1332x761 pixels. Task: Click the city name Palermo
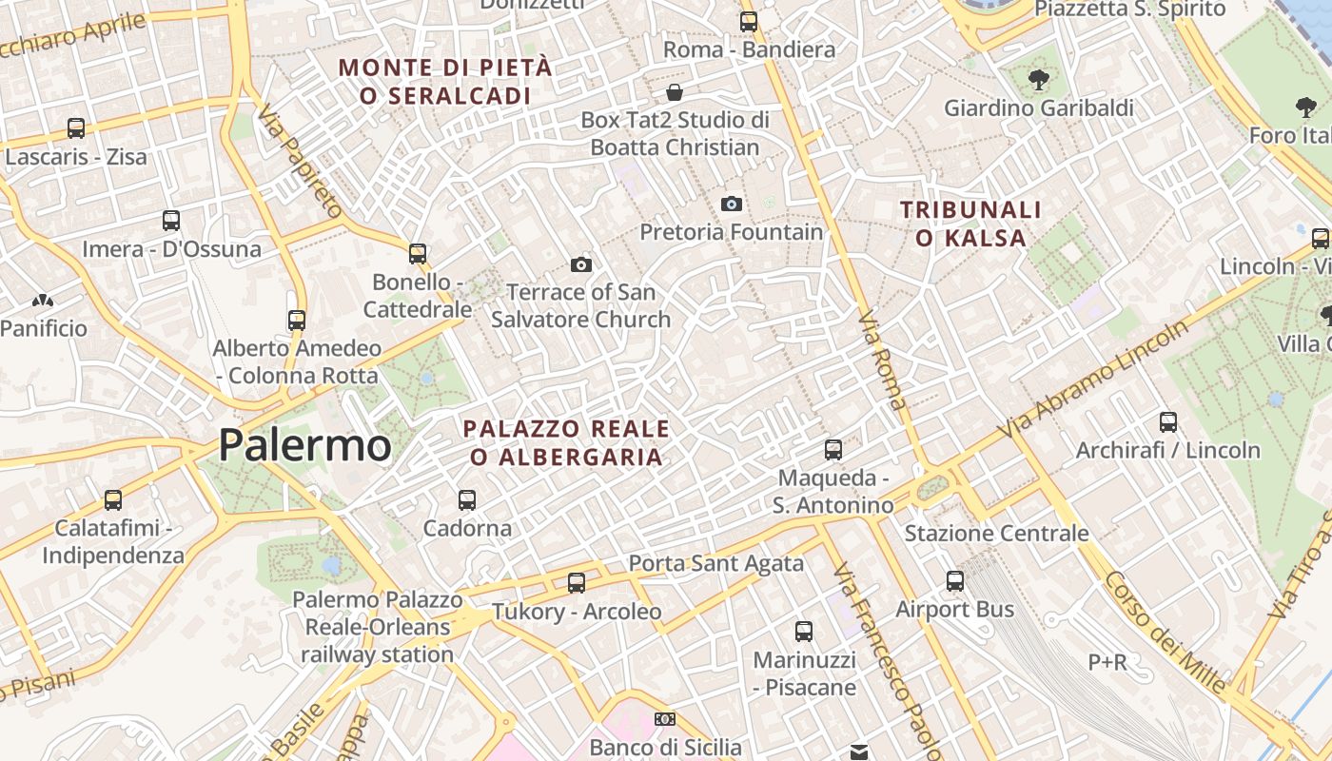[x=304, y=445]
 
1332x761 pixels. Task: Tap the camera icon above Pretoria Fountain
[x=731, y=204]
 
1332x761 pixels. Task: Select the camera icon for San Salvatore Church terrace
[x=580, y=264]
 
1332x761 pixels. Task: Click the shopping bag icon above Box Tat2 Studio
[x=675, y=92]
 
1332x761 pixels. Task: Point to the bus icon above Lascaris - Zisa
[x=76, y=127]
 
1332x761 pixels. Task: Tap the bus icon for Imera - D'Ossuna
[x=171, y=221]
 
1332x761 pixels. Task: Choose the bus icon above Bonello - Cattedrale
[x=418, y=253]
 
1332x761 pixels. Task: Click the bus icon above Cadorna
[x=467, y=499]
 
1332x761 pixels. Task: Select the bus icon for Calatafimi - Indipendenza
[x=113, y=499]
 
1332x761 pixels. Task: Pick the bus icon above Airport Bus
[x=955, y=580]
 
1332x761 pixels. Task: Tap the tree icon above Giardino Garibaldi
[x=1038, y=79]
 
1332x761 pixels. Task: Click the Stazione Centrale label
[x=996, y=533]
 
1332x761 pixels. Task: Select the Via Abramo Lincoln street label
[x=1093, y=380]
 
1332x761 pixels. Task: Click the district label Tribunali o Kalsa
[x=970, y=224]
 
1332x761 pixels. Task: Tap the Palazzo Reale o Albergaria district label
[x=566, y=442]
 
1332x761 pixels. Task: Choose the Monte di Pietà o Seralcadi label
[x=445, y=82]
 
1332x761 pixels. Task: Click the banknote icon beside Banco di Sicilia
[x=665, y=719]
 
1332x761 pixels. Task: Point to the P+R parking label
[x=1107, y=661]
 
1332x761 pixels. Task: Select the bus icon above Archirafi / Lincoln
[x=1168, y=421]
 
